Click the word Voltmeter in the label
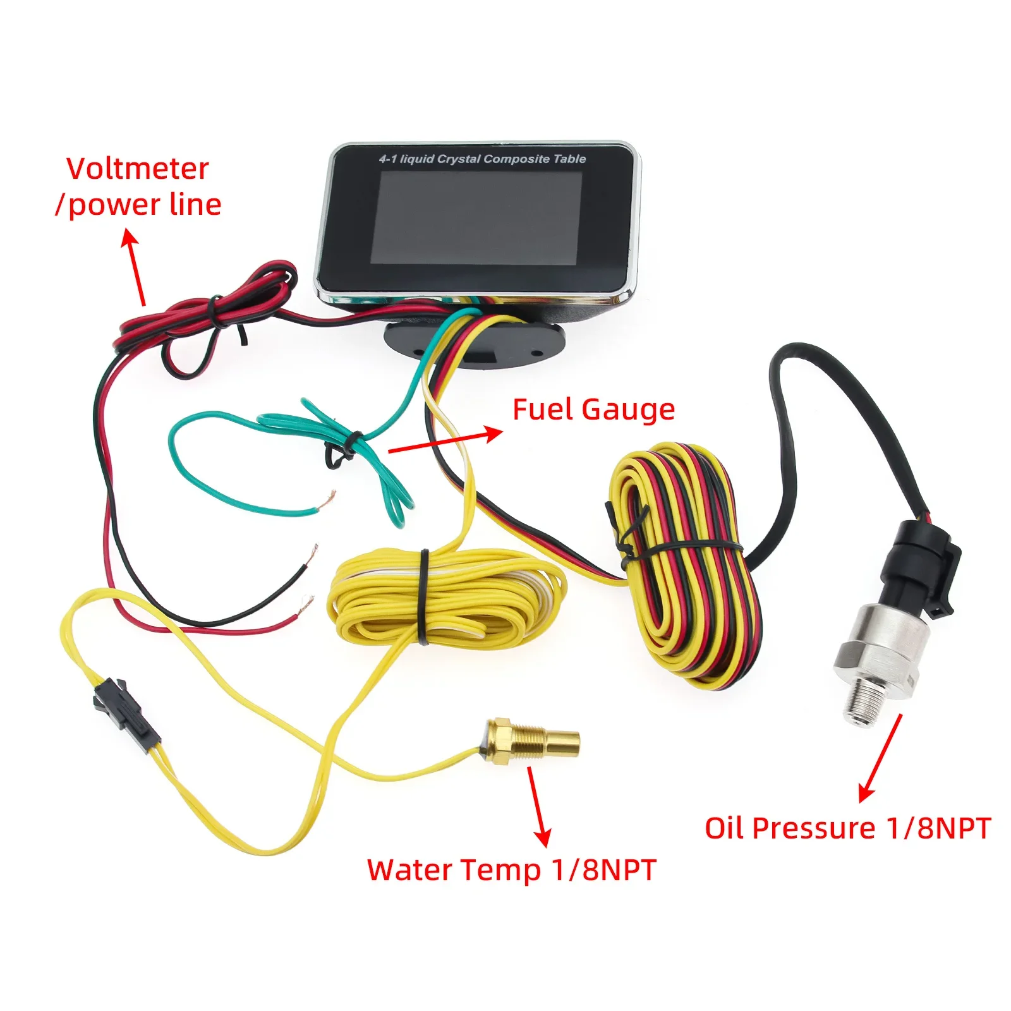coord(137,169)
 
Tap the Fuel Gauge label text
coord(593,409)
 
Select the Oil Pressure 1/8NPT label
coord(847,828)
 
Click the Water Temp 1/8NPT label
coord(511,869)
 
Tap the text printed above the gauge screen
coord(482,159)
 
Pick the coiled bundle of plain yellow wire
coord(442,597)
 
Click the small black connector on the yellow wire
coord(126,711)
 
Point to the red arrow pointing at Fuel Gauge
coord(445,441)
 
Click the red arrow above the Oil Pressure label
coord(880,758)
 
